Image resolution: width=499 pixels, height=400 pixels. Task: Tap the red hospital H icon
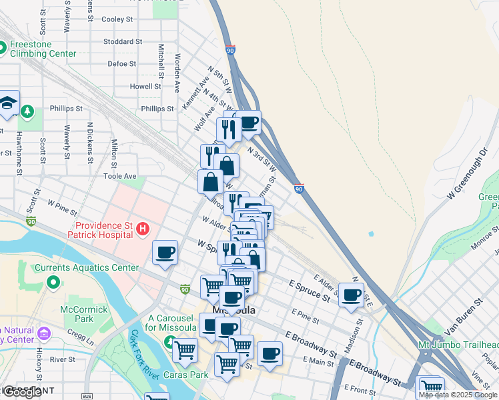(142, 231)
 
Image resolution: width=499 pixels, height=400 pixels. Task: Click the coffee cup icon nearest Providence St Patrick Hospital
(165, 252)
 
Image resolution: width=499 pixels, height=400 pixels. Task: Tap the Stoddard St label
(123, 41)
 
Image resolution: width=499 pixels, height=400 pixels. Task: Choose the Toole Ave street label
(119, 176)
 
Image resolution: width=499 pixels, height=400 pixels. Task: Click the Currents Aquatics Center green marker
(53, 283)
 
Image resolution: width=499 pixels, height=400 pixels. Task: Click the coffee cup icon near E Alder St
(351, 294)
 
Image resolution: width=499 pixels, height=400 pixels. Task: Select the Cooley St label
(117, 19)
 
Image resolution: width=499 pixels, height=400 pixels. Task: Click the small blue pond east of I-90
(370, 234)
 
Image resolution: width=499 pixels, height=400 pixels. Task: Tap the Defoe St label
(121, 64)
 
